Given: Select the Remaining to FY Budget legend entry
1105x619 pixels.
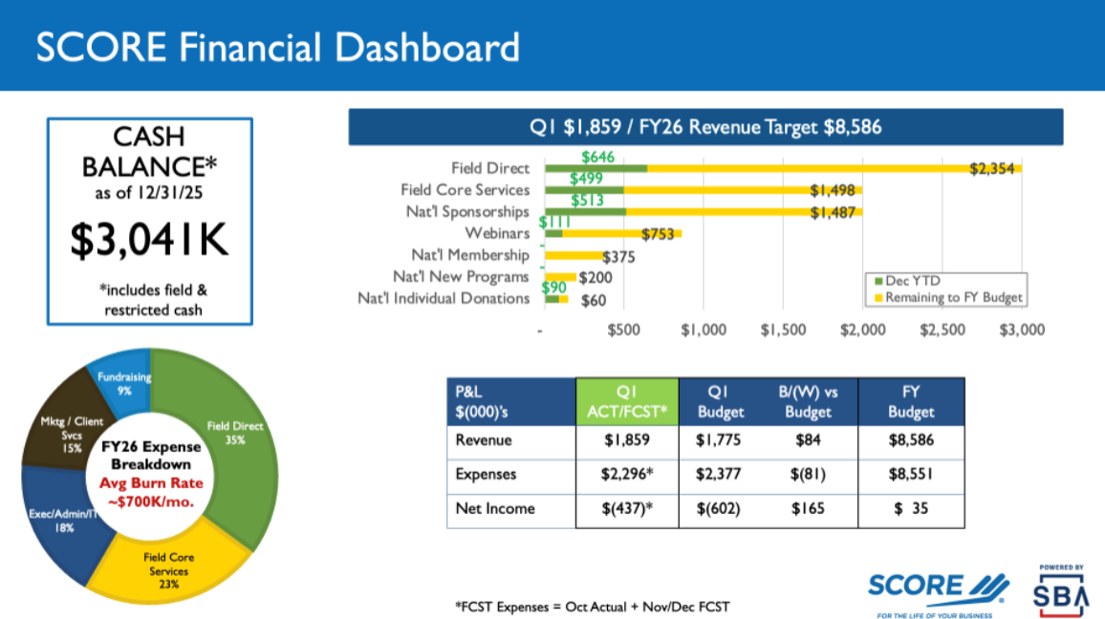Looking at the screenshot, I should (946, 297).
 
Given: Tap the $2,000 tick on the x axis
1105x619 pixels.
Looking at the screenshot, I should (861, 330).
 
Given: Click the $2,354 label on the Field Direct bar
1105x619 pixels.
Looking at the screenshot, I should (991, 169).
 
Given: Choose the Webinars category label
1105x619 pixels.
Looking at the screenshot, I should (496, 233).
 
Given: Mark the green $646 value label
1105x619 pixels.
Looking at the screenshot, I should (597, 156).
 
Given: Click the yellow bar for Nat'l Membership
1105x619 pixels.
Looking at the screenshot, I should (574, 255).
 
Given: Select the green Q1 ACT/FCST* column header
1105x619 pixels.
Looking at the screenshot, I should (626, 401).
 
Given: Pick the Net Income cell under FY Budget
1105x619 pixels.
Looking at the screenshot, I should (910, 508).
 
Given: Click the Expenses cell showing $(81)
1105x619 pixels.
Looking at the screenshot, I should (804, 474).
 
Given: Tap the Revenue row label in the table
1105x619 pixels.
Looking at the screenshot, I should (485, 440).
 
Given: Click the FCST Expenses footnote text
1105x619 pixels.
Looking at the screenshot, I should (592, 607).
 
